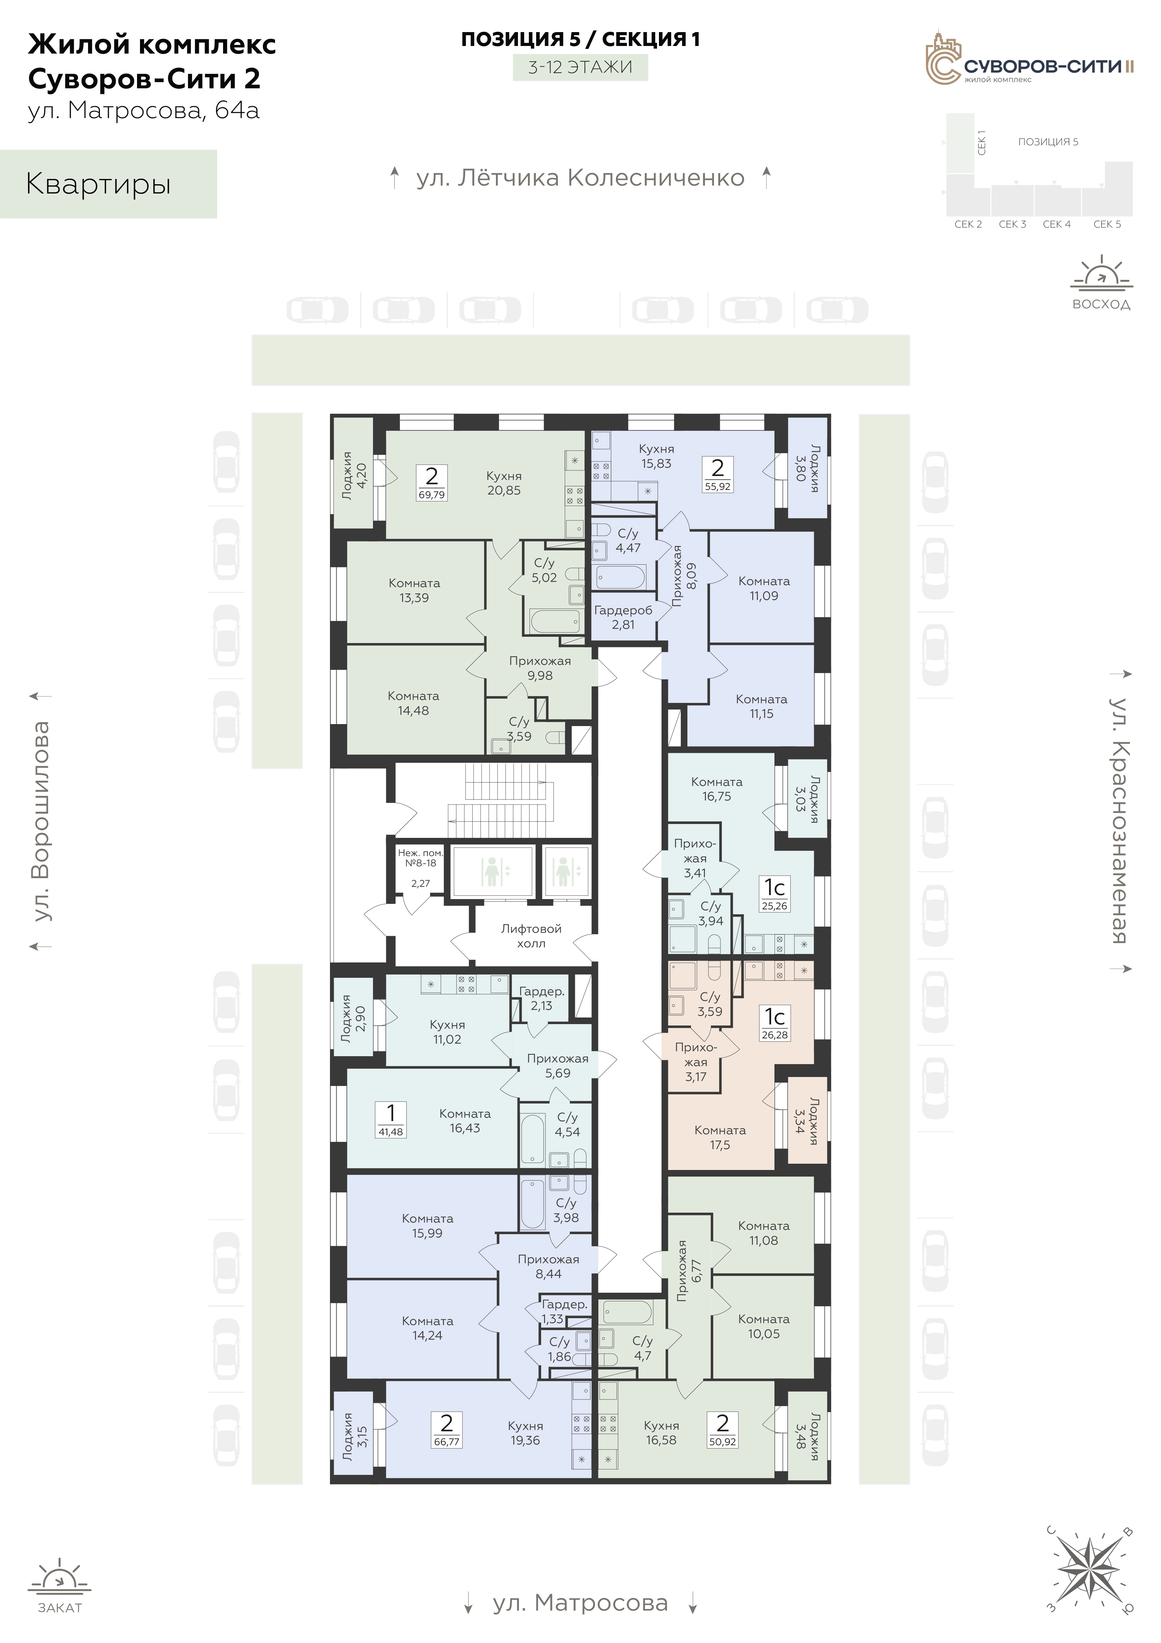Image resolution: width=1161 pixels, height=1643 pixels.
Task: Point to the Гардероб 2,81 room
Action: (x=623, y=617)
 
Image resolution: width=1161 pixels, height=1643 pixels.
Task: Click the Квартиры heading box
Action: (x=108, y=184)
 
